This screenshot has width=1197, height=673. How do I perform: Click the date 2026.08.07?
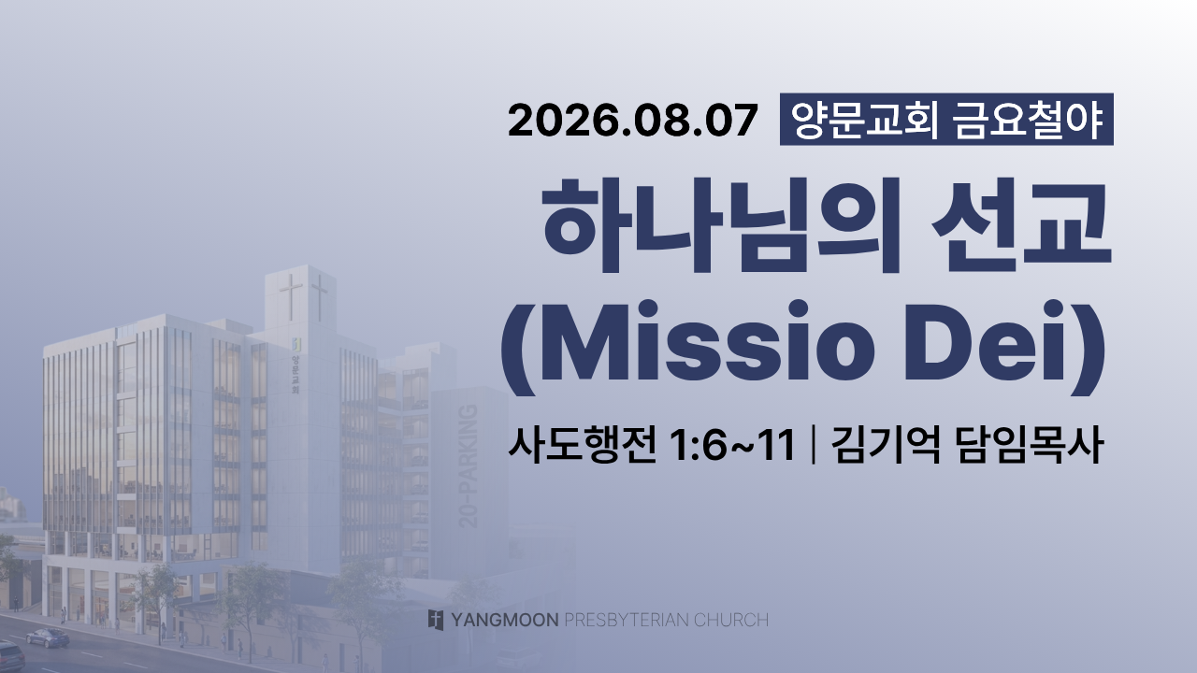click(x=633, y=121)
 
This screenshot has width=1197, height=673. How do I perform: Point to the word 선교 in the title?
click(x=1022, y=225)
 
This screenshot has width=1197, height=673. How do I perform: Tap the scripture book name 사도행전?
click(x=582, y=445)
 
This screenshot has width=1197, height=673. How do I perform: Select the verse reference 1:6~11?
click(x=731, y=446)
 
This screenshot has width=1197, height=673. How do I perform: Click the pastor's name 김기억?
click(x=886, y=445)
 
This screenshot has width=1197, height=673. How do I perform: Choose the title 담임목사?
click(x=1029, y=445)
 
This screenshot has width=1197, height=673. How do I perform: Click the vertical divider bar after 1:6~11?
click(x=813, y=445)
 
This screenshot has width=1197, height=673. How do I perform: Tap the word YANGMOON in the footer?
click(x=504, y=620)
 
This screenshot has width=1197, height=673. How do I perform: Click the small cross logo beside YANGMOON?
click(x=436, y=620)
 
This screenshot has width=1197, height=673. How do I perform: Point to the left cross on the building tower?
click(x=291, y=297)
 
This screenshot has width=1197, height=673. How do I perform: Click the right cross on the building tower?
click(x=320, y=297)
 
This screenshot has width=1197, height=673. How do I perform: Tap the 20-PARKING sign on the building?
click(x=469, y=465)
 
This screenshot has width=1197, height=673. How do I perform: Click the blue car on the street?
click(x=48, y=637)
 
